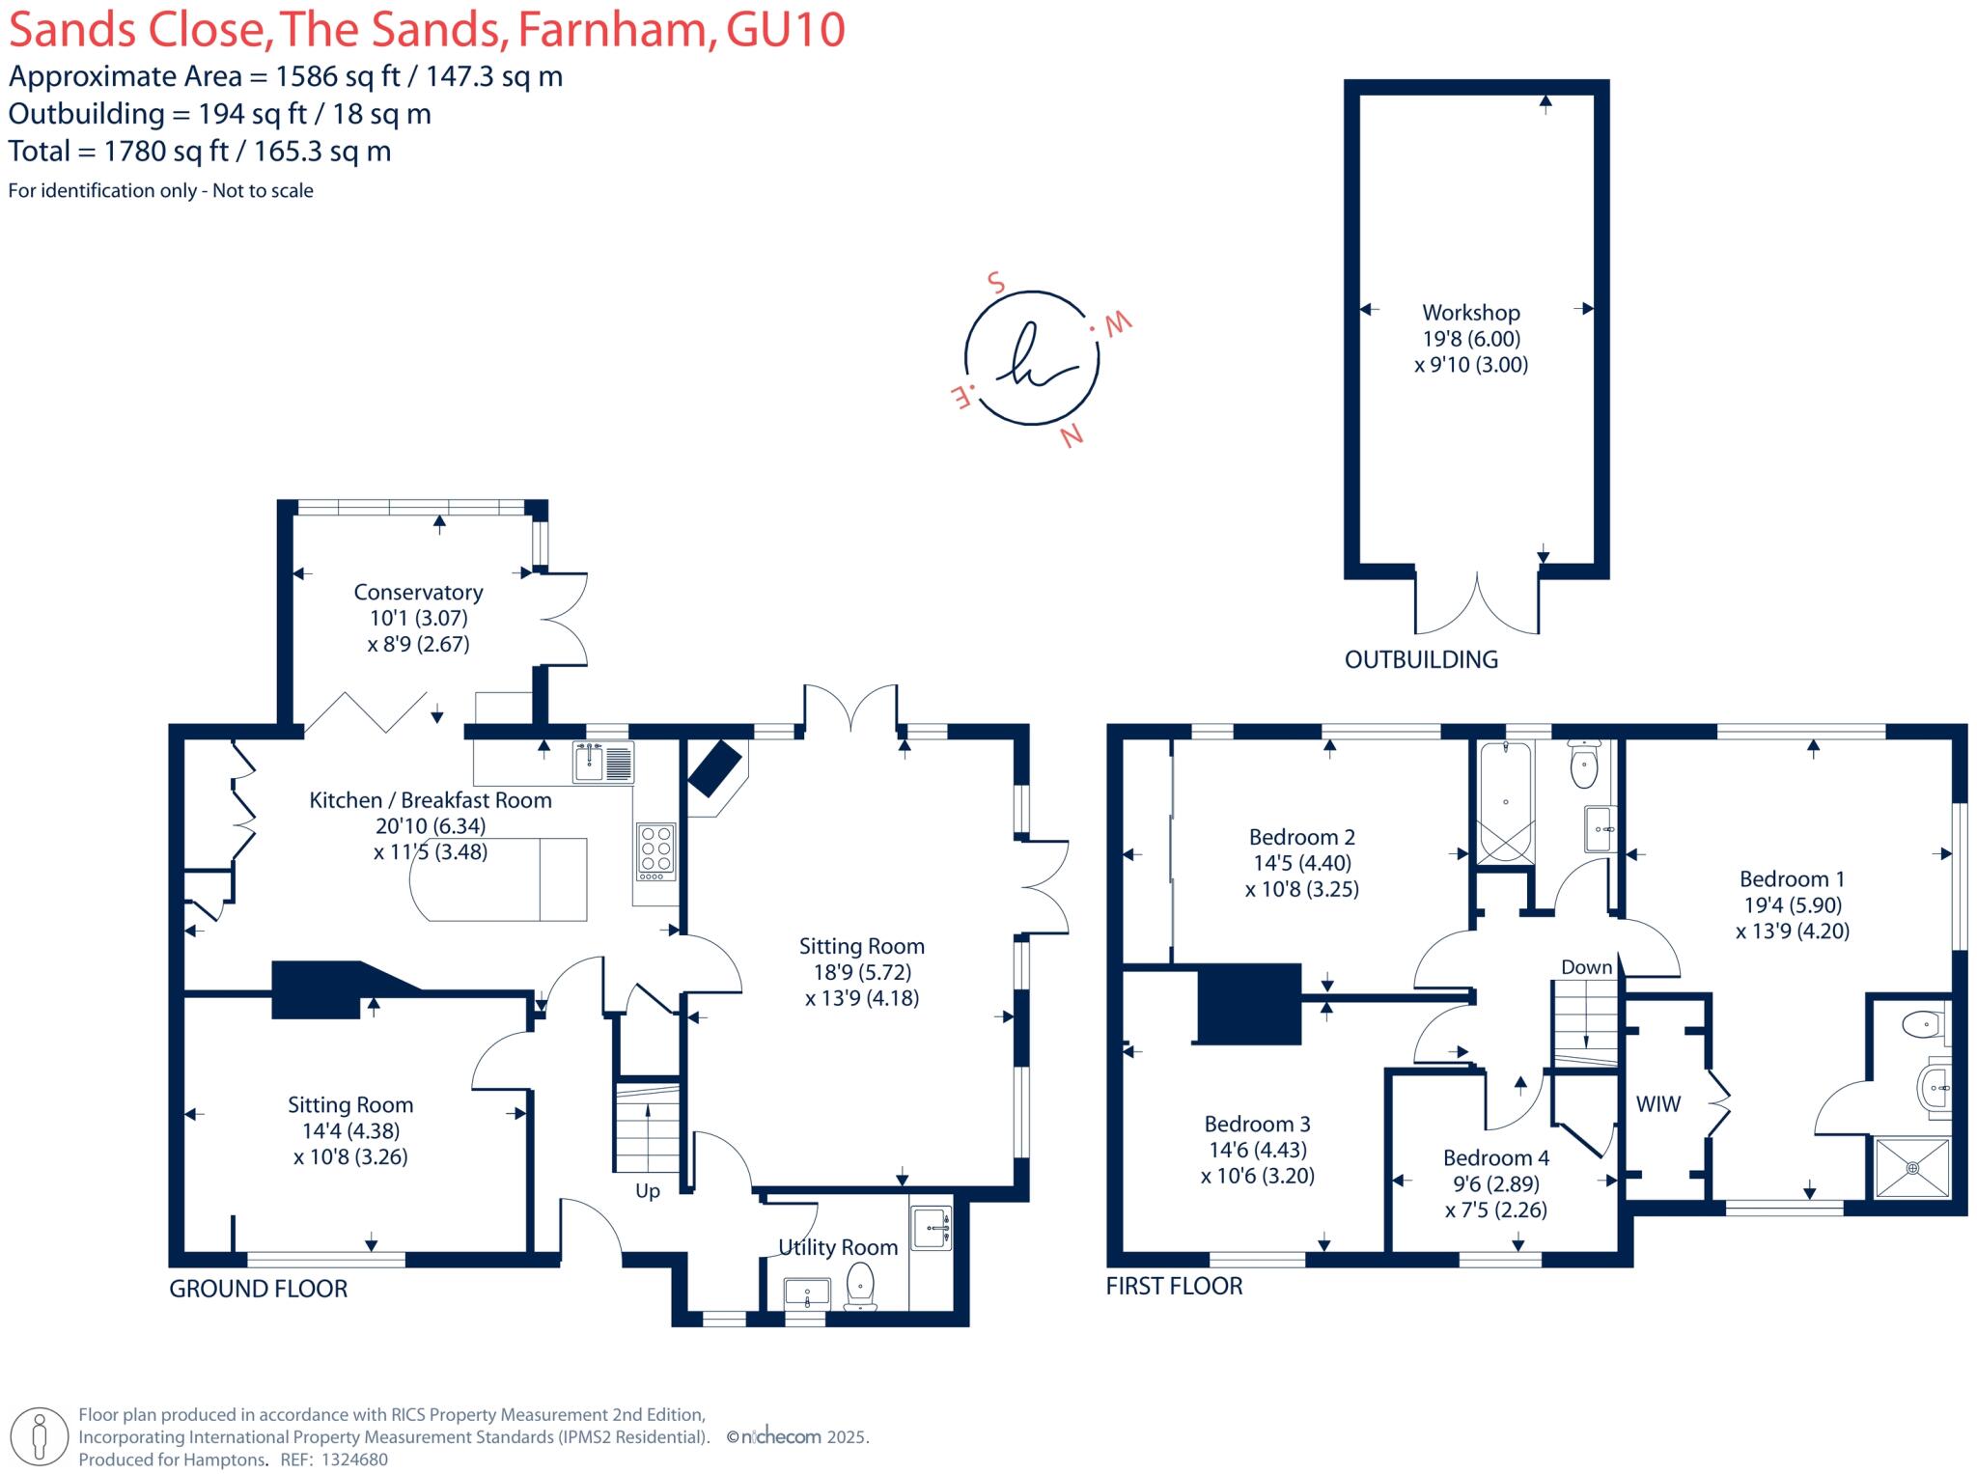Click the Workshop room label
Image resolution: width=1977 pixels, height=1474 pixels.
(x=1470, y=313)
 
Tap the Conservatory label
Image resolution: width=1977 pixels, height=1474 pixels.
(x=418, y=592)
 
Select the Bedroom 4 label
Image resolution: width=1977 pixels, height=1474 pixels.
(x=1495, y=1157)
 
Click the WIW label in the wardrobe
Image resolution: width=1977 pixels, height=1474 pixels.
(x=1657, y=1104)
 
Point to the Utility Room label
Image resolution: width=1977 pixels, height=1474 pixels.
(x=837, y=1247)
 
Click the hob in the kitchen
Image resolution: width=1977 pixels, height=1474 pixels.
(x=655, y=849)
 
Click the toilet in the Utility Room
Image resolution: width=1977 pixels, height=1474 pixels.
(x=859, y=1287)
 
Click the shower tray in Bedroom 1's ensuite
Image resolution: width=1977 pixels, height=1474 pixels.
(x=1911, y=1168)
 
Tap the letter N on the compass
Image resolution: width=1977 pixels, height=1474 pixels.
(x=1072, y=436)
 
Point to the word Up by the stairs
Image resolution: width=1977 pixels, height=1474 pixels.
(x=647, y=1191)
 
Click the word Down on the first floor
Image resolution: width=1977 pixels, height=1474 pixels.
(x=1586, y=967)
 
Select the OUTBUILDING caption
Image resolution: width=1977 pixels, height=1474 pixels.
(x=1421, y=660)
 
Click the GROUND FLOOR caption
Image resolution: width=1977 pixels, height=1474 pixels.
(x=258, y=1289)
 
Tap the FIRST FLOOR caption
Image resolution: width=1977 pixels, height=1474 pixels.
(x=1174, y=1286)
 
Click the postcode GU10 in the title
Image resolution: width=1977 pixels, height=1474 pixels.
(x=785, y=30)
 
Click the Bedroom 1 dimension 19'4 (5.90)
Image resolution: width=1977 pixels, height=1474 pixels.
(x=1792, y=905)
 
